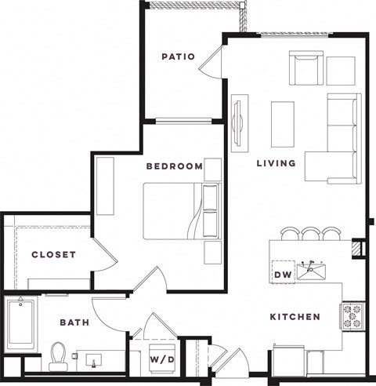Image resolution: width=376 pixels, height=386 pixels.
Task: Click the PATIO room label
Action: [x=178, y=56]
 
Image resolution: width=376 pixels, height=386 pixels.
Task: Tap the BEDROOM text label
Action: [x=174, y=166]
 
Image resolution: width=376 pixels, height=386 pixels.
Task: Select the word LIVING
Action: [x=277, y=164]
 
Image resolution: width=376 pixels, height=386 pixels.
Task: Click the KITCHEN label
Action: [x=295, y=317]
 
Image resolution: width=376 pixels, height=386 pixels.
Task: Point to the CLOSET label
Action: [x=53, y=255]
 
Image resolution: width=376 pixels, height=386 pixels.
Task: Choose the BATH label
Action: [x=74, y=322]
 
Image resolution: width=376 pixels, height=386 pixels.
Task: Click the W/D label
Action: [x=161, y=360]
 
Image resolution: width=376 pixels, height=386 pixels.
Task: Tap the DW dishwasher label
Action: [x=282, y=275]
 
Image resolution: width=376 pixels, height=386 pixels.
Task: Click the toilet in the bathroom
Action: [x=59, y=355]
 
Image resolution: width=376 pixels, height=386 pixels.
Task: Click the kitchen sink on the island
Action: [x=315, y=272]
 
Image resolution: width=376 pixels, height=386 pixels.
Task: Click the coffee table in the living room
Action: [x=282, y=124]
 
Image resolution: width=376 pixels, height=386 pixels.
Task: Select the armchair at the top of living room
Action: [x=306, y=70]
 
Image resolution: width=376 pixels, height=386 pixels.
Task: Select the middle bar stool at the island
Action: [x=311, y=234]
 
